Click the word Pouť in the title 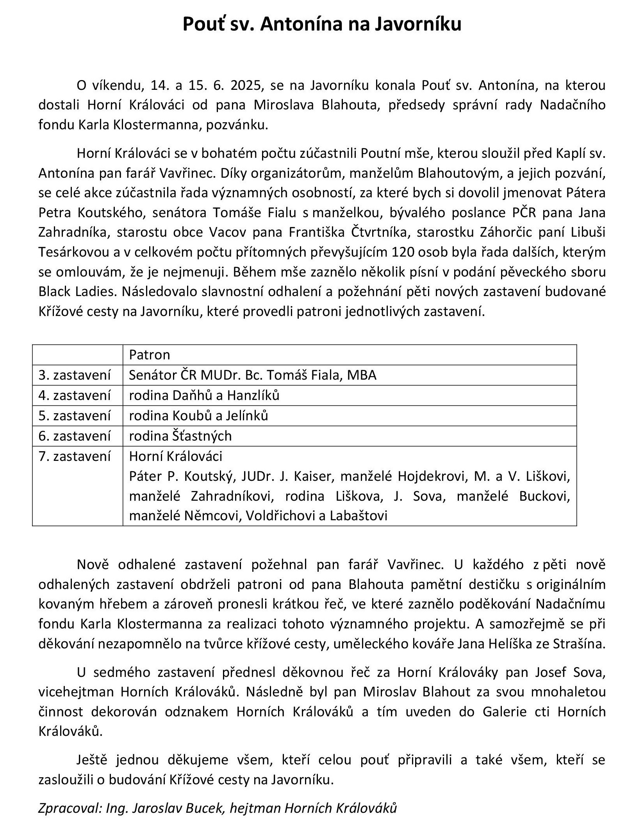(x=204, y=24)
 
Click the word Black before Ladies (x=56, y=292)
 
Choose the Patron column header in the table (x=150, y=355)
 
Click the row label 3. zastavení (x=75, y=375)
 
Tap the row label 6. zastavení (x=75, y=436)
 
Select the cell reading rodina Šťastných (x=180, y=436)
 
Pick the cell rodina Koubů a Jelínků (x=198, y=416)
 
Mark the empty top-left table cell (x=77, y=355)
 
